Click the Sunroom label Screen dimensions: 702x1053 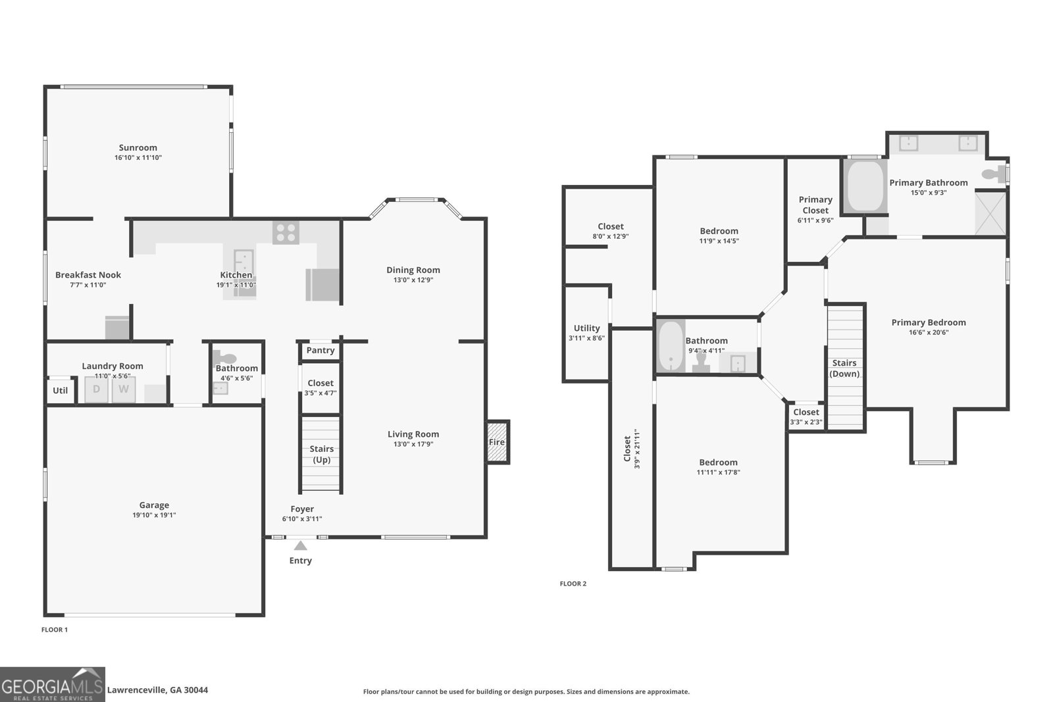pos(138,148)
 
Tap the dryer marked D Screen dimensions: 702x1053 pos(96,389)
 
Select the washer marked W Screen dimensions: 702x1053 pos(123,389)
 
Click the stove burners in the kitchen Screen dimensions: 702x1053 pos(286,232)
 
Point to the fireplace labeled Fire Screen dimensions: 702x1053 pos(497,442)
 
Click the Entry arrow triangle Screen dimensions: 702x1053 pos(301,545)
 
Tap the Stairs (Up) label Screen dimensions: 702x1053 pos(321,454)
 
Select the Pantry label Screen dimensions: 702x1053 pos(321,350)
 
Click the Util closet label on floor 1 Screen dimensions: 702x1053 pos(60,391)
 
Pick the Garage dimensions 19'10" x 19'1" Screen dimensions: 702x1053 pos(154,515)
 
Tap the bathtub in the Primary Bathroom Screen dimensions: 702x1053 pos(865,186)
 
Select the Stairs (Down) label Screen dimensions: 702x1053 pos(844,368)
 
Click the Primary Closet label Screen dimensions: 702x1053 pos(815,205)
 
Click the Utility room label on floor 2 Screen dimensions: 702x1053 pos(586,328)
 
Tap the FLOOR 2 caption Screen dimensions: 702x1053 pos(573,584)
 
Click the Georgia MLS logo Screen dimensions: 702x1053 pos(53,684)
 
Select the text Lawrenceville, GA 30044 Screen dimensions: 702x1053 pos(157,690)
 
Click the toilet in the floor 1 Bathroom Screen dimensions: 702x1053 pos(226,359)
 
